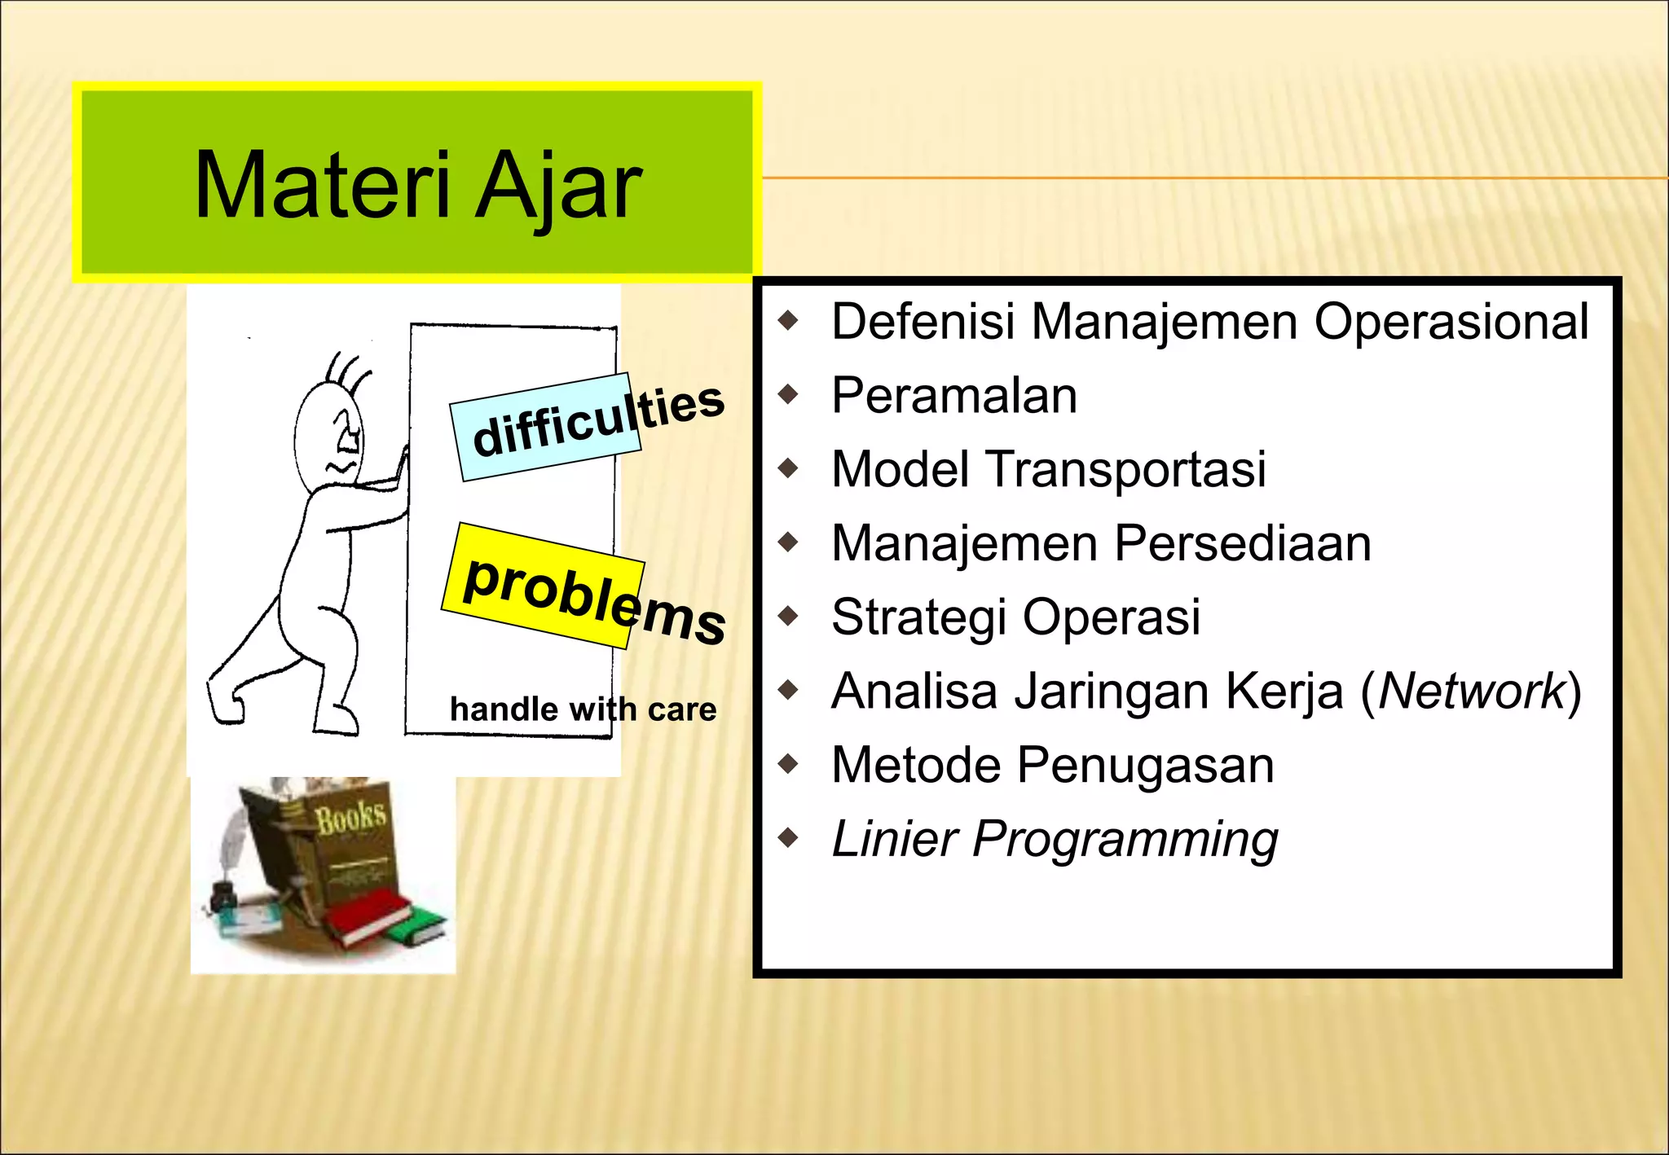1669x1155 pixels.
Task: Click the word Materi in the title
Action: (322, 186)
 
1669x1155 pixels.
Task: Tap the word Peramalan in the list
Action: (953, 396)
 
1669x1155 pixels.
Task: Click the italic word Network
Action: (1472, 692)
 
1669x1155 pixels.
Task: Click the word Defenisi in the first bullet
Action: (923, 322)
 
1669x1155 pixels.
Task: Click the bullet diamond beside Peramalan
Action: (788, 395)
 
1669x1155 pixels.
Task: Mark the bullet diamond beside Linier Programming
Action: (788, 837)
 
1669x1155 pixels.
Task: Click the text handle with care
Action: (583, 709)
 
